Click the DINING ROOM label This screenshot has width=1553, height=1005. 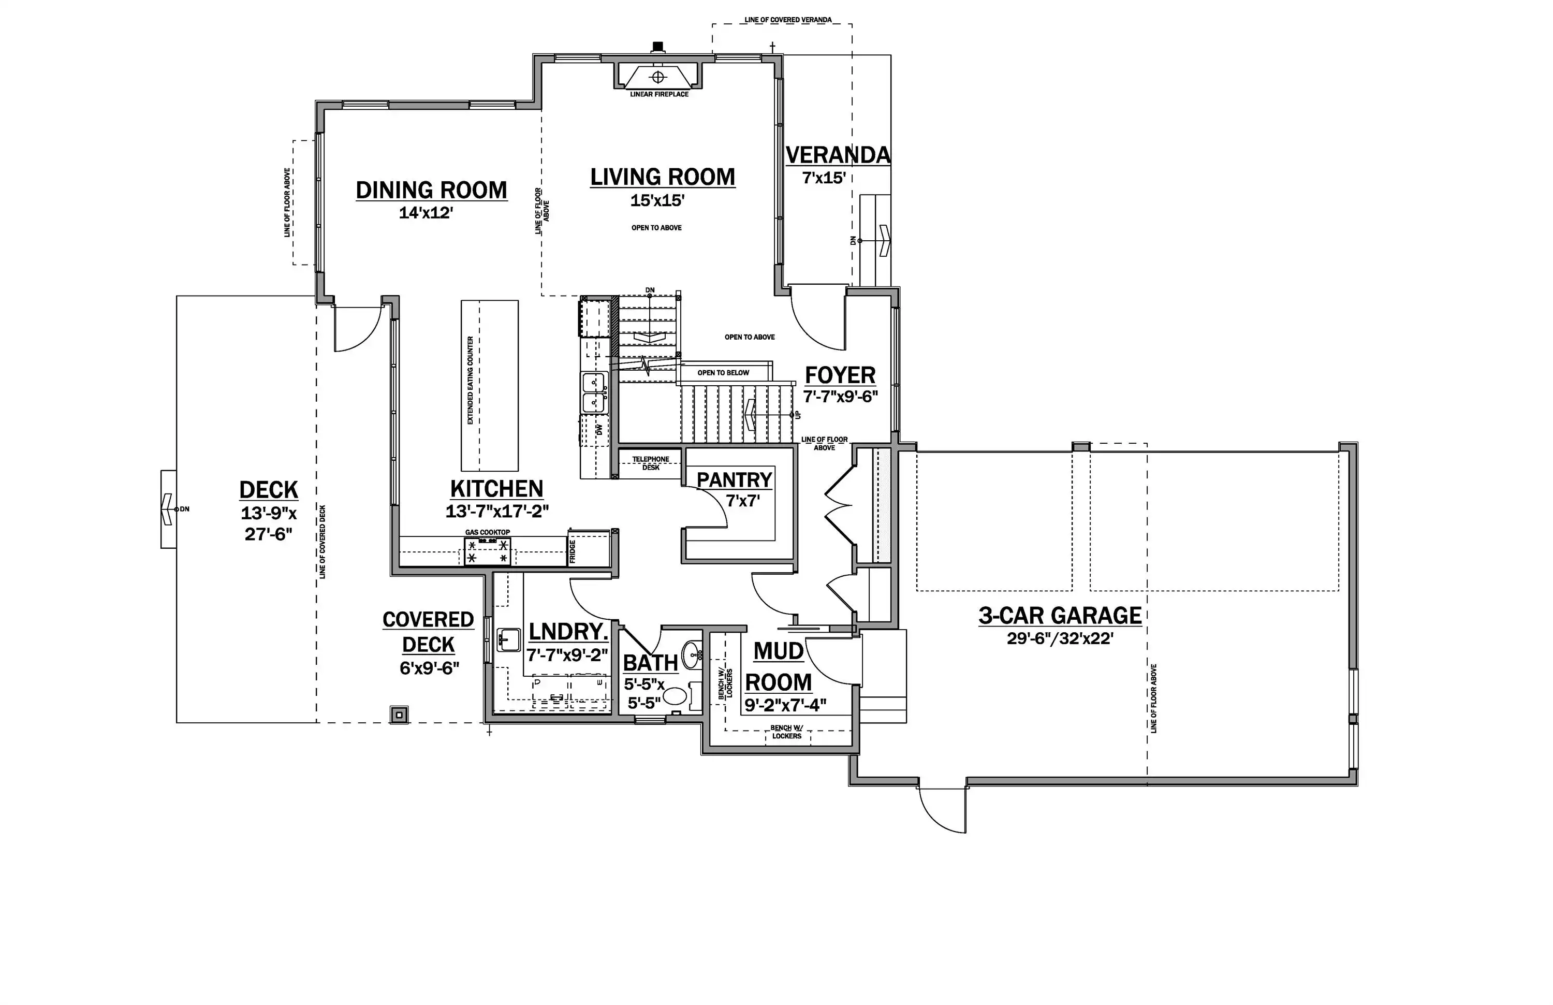(x=431, y=190)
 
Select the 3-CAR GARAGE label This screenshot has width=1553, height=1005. (x=1060, y=616)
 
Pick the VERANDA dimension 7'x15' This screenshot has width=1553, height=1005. (x=824, y=178)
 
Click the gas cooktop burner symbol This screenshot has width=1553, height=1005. (x=488, y=551)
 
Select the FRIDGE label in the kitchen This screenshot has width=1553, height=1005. (x=572, y=551)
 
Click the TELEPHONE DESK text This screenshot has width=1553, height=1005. (x=651, y=463)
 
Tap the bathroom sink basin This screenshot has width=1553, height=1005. (x=691, y=652)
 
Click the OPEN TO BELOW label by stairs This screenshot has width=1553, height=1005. (x=724, y=373)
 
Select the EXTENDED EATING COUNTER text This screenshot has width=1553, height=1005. (x=471, y=381)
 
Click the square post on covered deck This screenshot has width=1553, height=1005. (x=399, y=715)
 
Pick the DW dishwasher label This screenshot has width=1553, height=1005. (x=598, y=429)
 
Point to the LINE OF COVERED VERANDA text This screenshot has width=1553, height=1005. (x=788, y=20)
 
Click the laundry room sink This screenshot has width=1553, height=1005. (x=508, y=639)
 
